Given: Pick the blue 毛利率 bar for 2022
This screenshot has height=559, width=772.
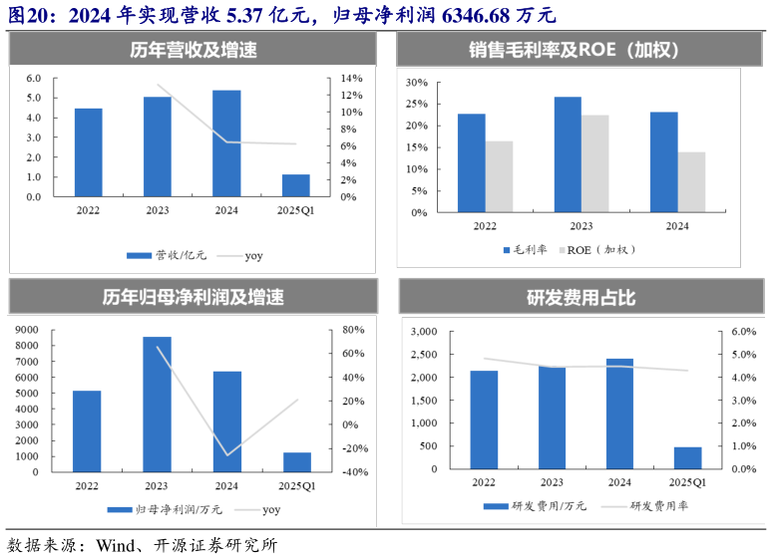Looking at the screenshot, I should tap(471, 162).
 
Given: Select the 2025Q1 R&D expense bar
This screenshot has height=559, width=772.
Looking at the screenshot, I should tap(687, 457).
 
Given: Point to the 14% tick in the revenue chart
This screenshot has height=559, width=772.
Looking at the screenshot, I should tap(351, 79).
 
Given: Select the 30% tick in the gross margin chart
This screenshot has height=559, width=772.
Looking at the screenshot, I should tap(417, 83).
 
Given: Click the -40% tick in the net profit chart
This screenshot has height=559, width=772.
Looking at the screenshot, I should tap(355, 472).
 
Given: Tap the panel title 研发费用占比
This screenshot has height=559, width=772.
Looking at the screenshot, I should tap(580, 297).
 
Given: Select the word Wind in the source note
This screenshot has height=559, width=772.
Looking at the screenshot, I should tap(119, 544).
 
